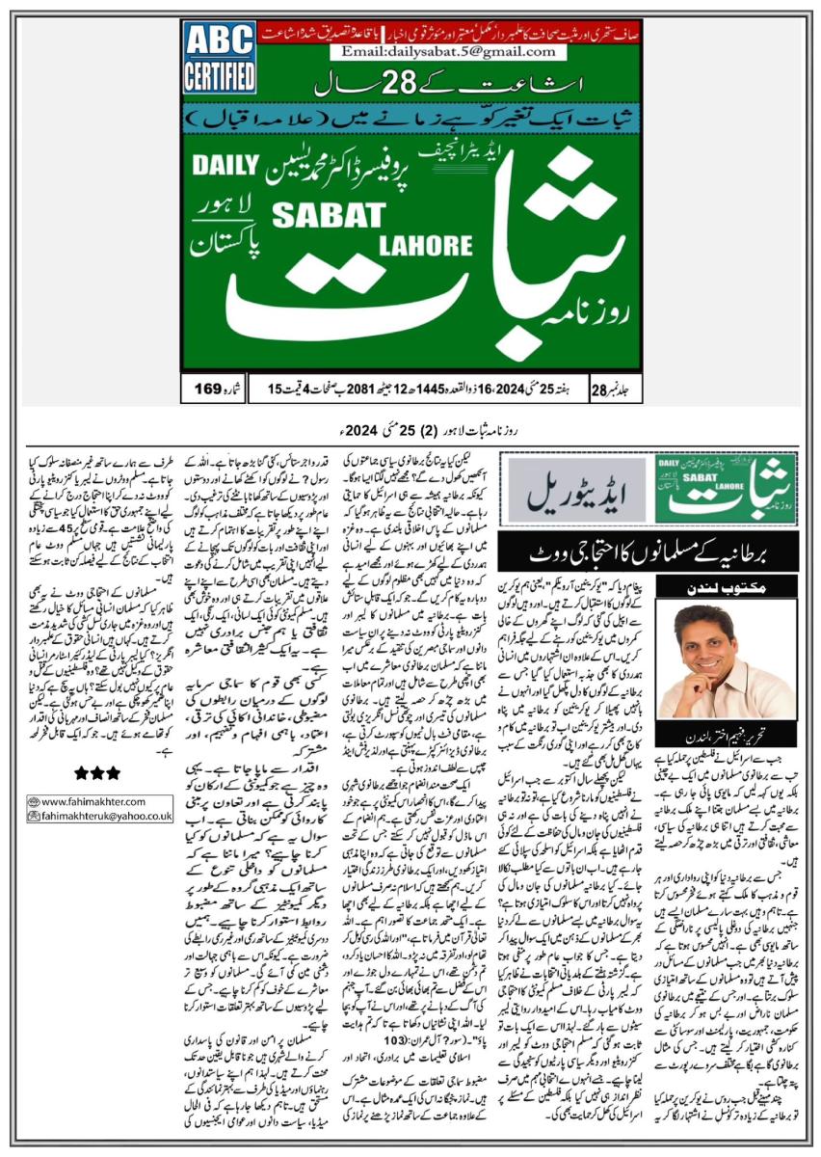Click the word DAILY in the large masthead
pos(223,166)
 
